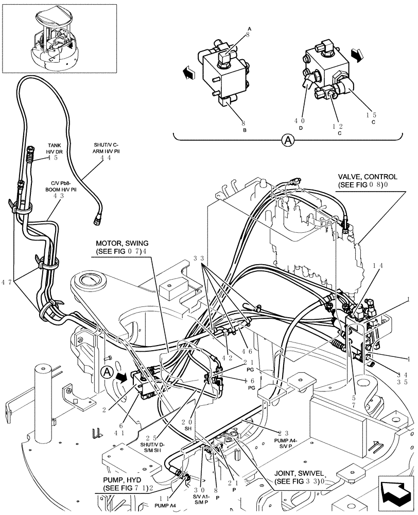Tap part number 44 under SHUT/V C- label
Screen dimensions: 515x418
point(106,158)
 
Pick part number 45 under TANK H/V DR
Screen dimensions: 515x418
point(53,158)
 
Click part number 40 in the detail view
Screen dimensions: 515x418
point(299,121)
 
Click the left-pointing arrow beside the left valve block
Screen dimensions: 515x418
point(188,74)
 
